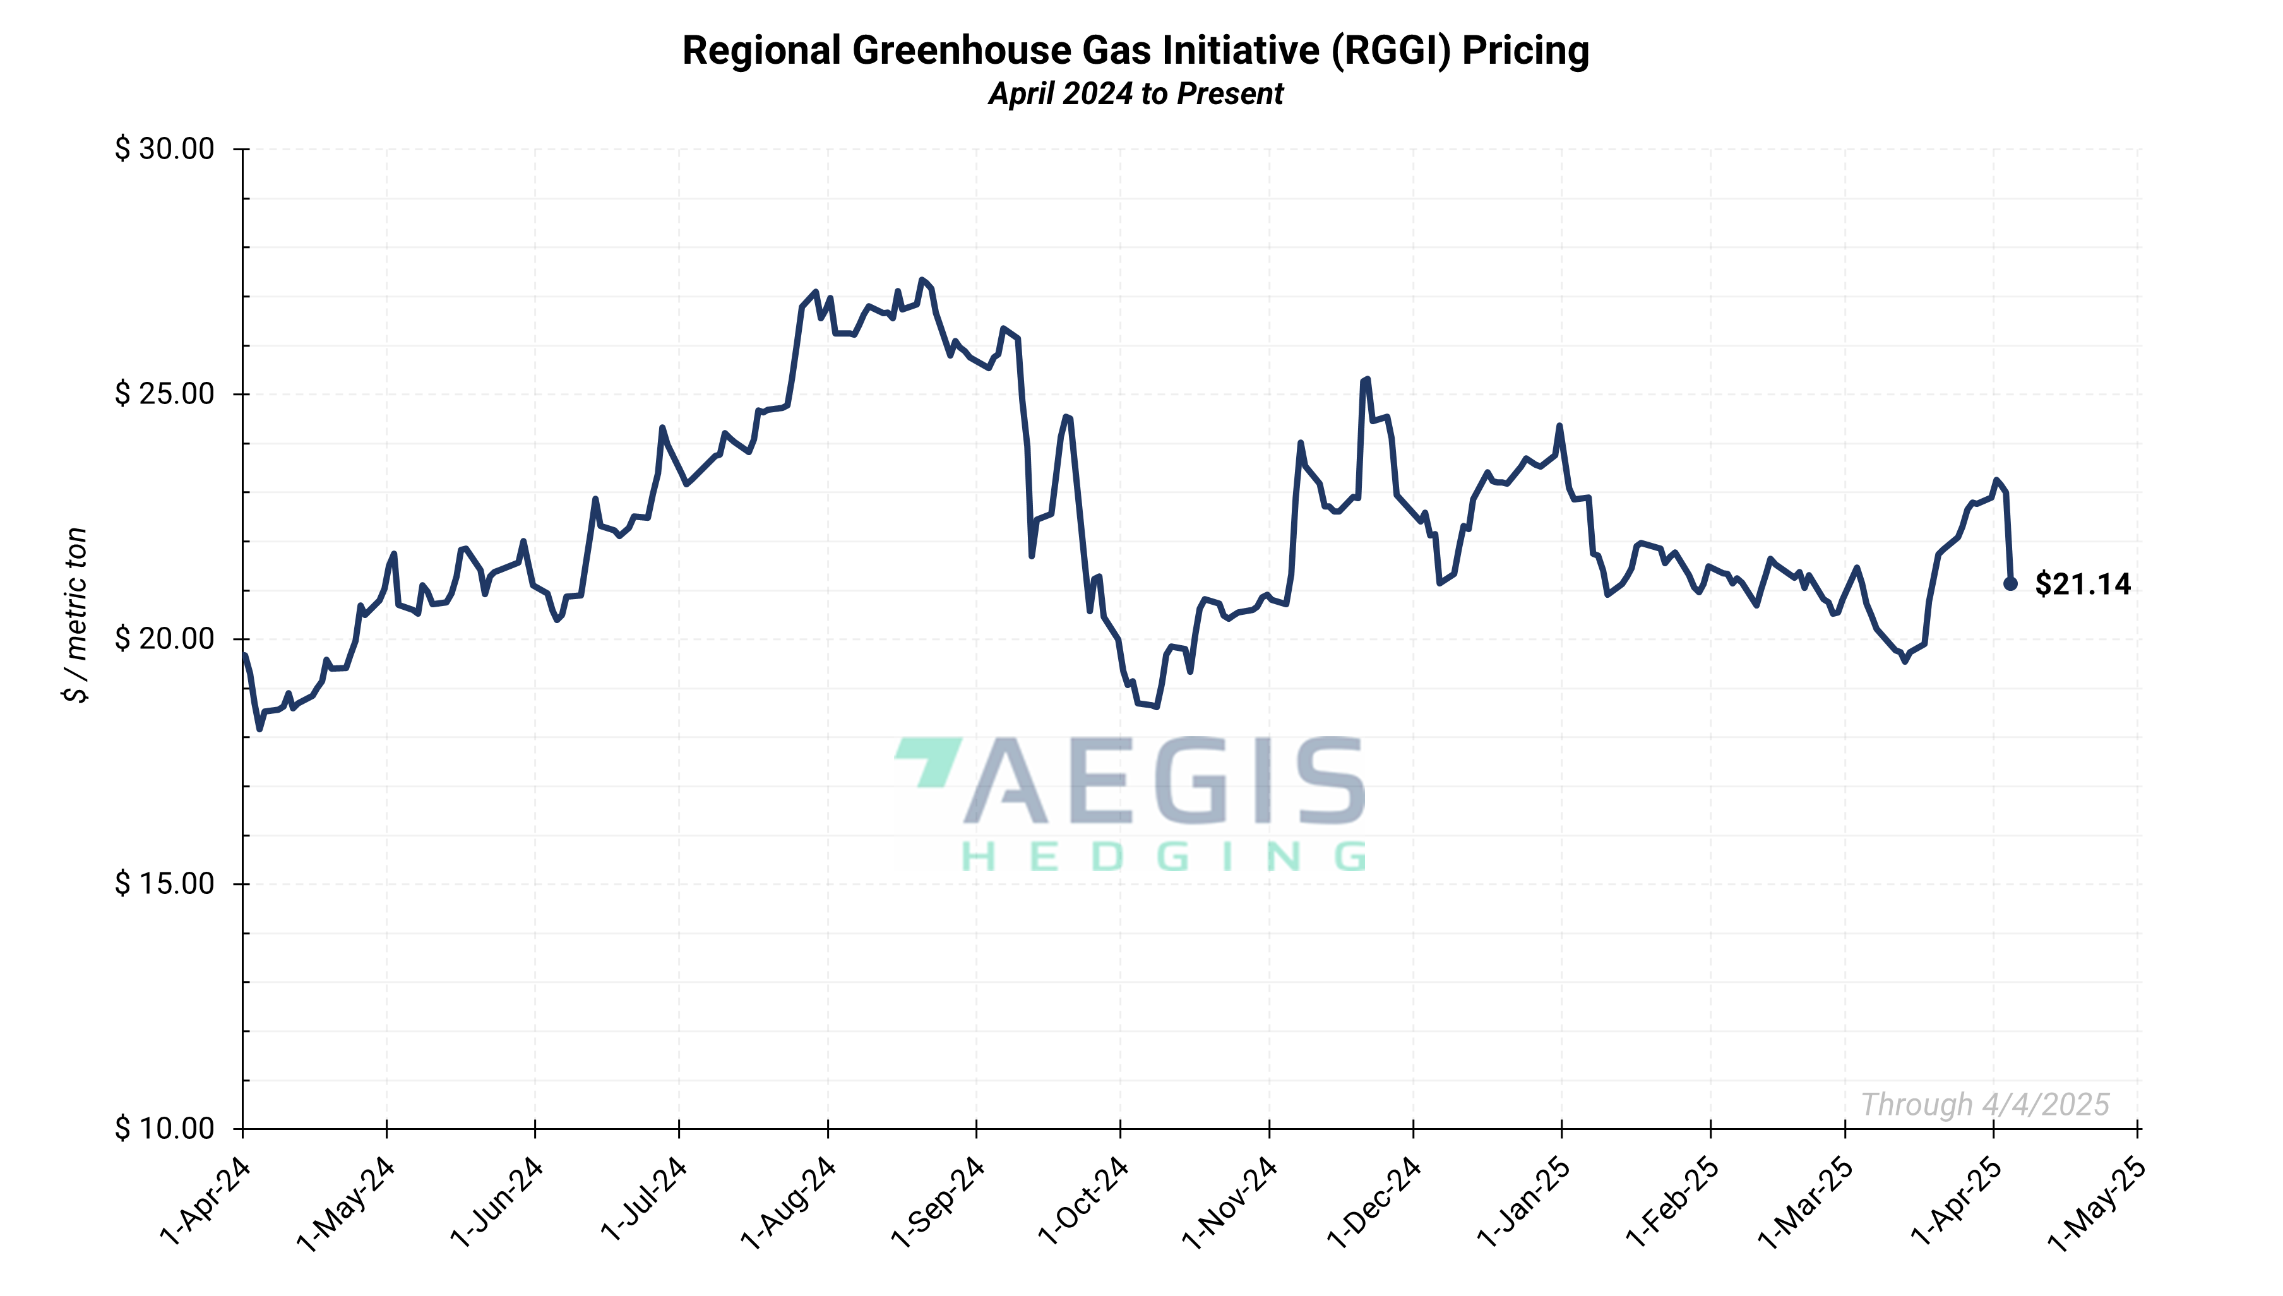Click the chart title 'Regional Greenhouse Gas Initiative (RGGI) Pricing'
1135,51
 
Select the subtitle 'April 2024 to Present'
1135,93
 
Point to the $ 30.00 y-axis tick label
165,148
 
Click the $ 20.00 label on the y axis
165,638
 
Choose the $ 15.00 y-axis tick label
165,883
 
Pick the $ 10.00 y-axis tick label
165,1128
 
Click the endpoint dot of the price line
2010,584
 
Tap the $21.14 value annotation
2083,584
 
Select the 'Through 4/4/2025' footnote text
1985,1105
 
